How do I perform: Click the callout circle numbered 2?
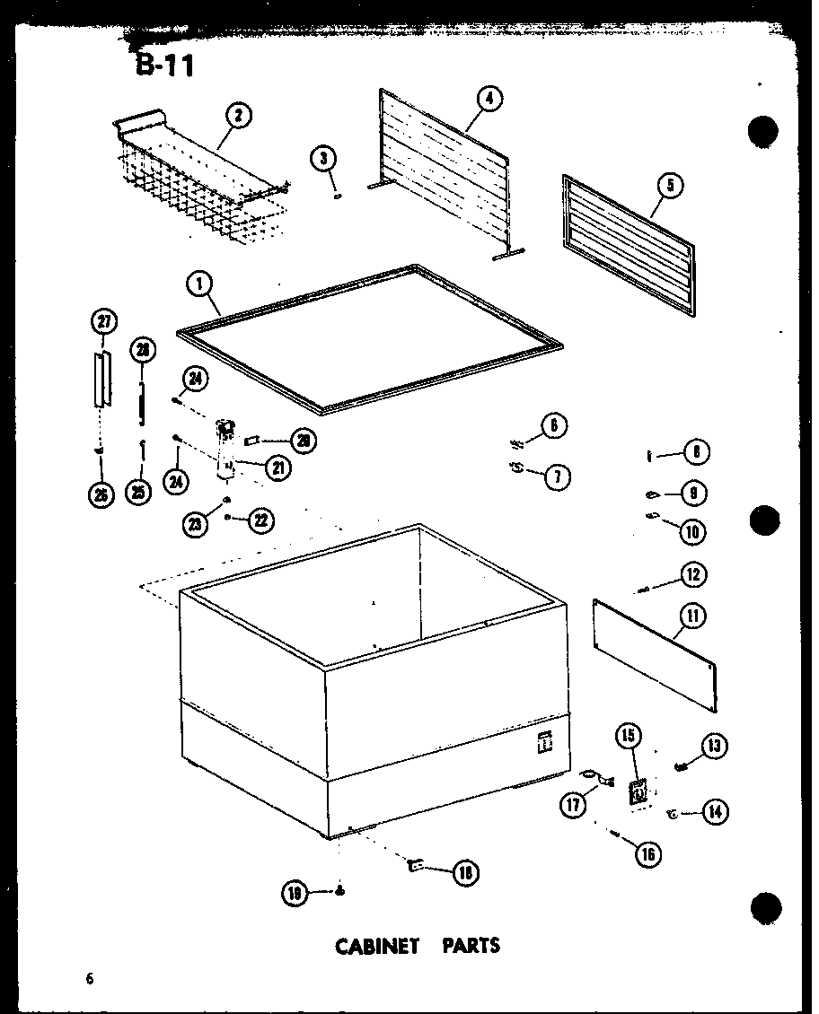pyautogui.click(x=238, y=116)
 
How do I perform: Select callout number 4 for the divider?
pyautogui.click(x=489, y=99)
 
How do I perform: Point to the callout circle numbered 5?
pyautogui.click(x=670, y=186)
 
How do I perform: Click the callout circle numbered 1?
pyautogui.click(x=199, y=285)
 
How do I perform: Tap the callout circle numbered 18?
pyautogui.click(x=465, y=871)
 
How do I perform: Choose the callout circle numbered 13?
pyautogui.click(x=716, y=746)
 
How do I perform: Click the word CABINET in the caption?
pyautogui.click(x=377, y=946)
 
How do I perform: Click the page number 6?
pyautogui.click(x=90, y=978)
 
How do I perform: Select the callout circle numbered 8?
pyautogui.click(x=696, y=453)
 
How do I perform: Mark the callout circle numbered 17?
pyautogui.click(x=571, y=805)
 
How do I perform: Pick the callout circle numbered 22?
pyautogui.click(x=261, y=520)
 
